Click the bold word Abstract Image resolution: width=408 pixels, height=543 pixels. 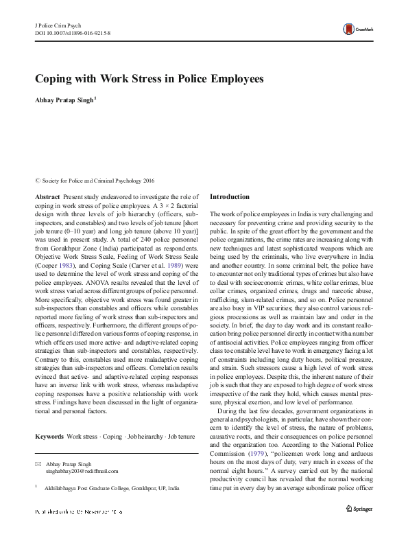(47, 197)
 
